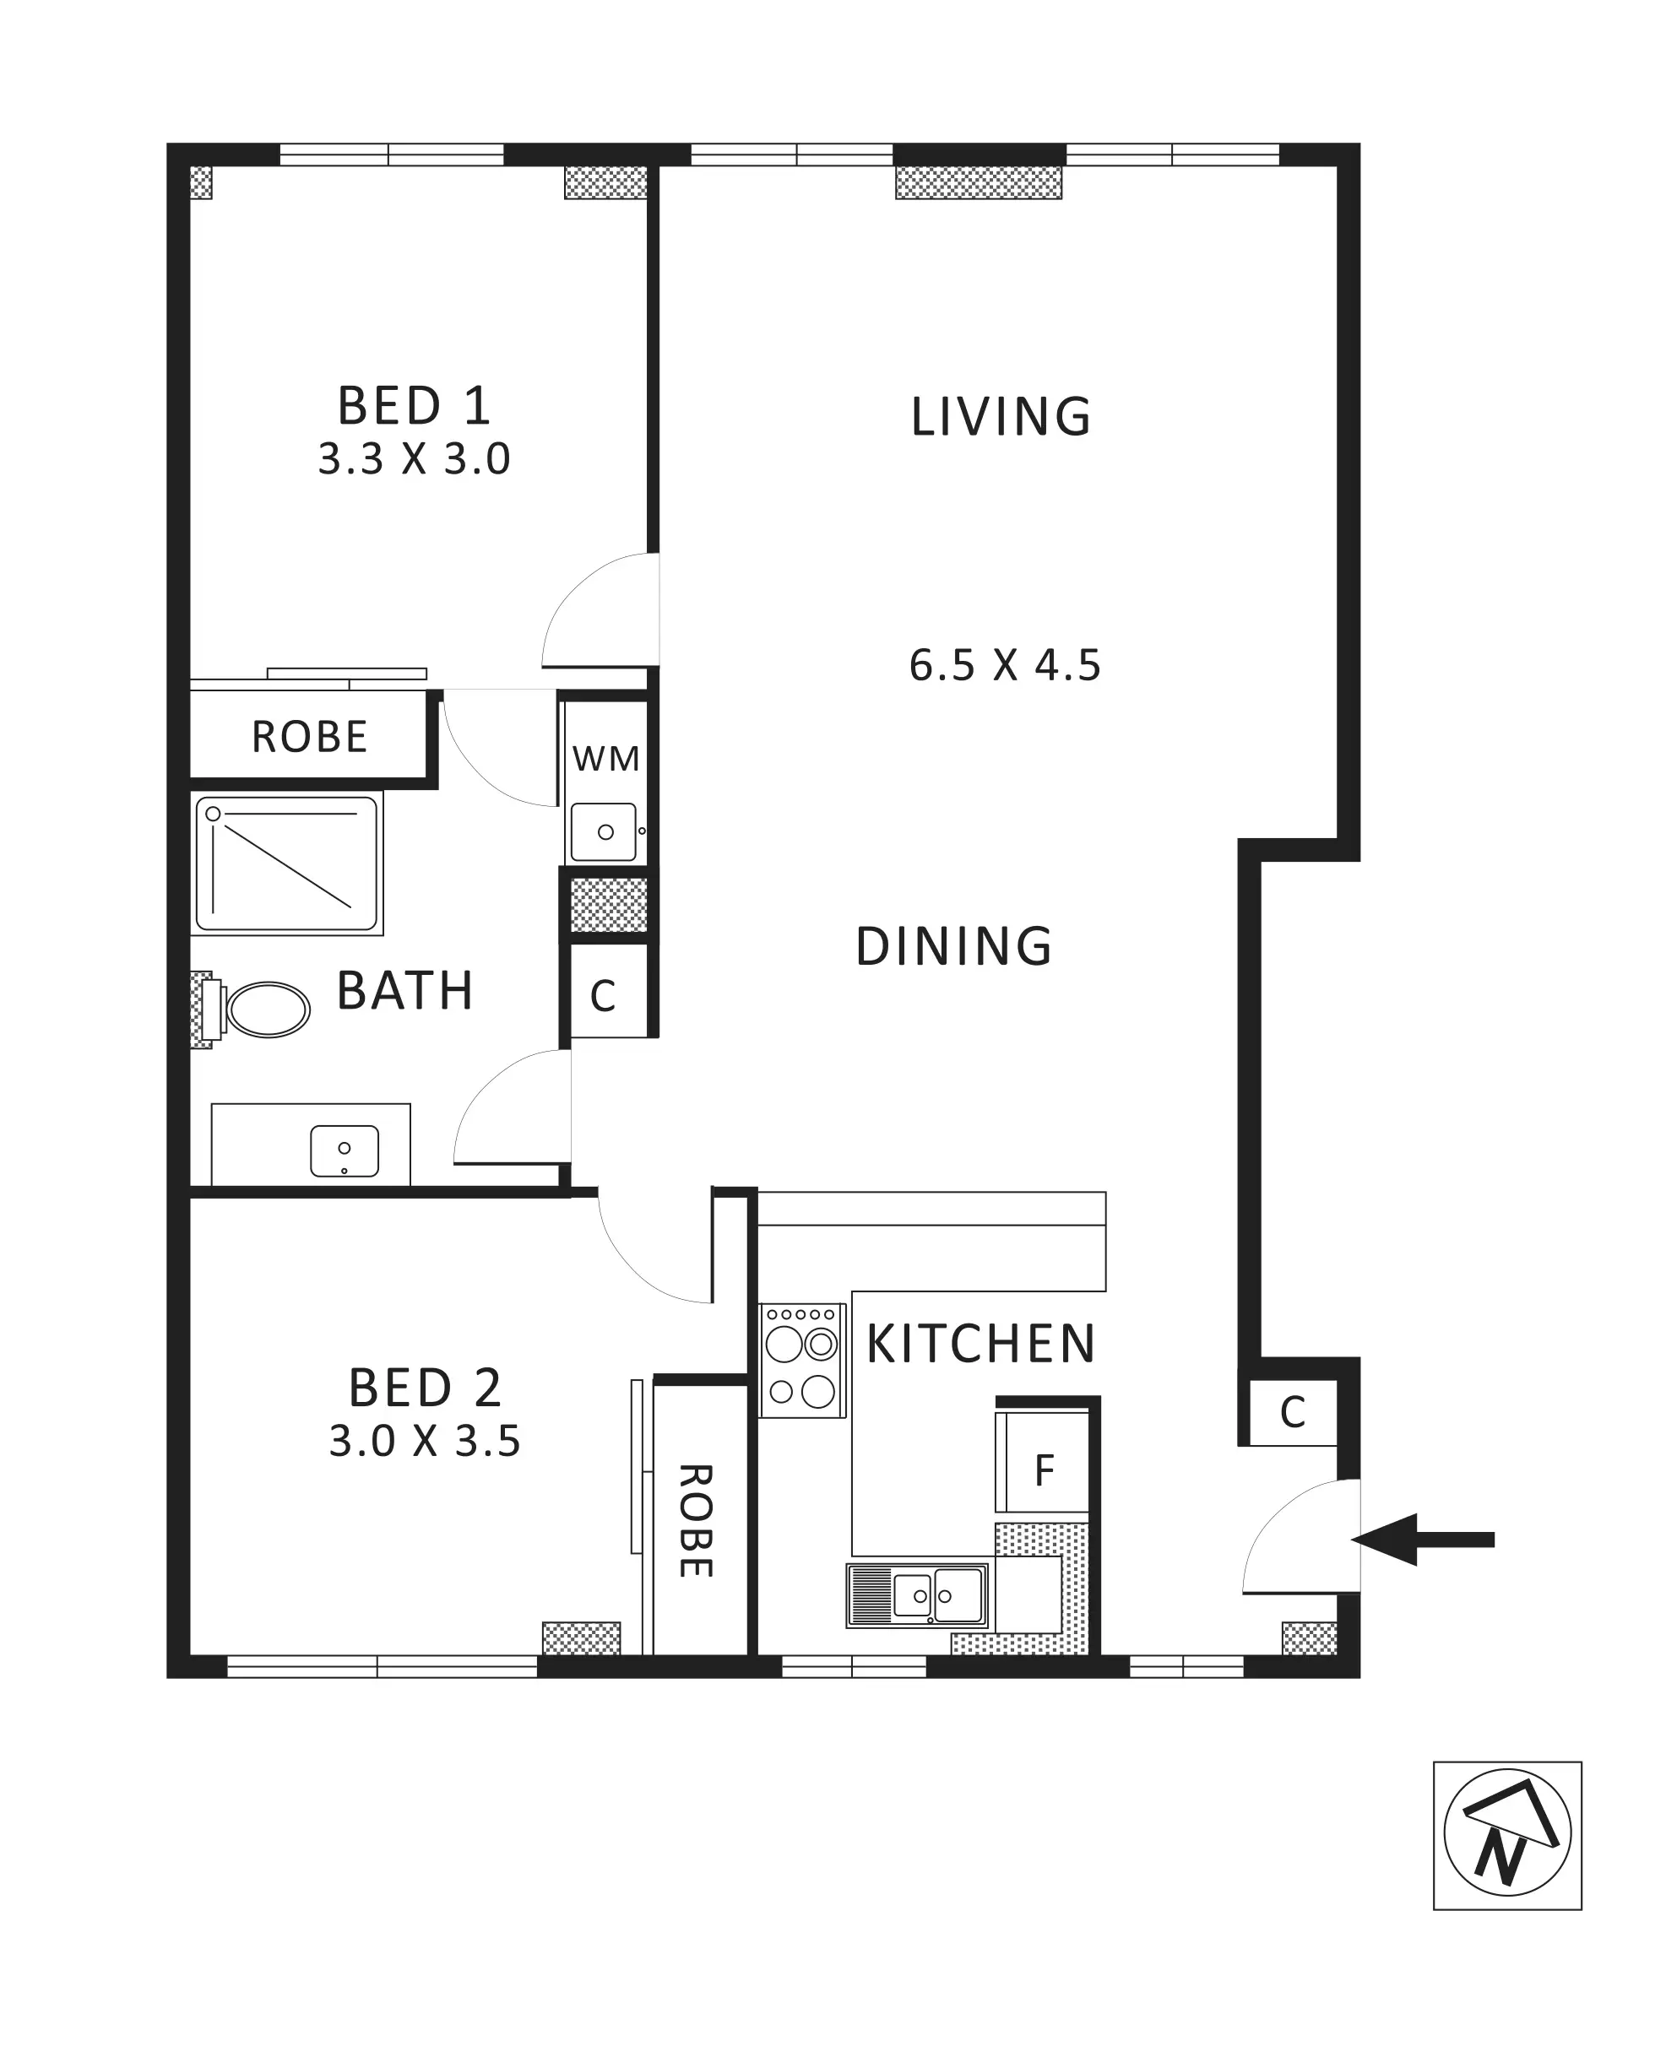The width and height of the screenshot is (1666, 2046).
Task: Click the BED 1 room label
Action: coord(415,406)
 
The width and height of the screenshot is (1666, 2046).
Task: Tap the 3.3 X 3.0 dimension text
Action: coord(415,459)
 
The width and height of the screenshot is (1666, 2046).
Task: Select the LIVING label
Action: coord(1001,417)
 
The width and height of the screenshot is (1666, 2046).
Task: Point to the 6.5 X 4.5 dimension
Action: coord(1005,666)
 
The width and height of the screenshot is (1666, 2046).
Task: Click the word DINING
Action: coord(954,947)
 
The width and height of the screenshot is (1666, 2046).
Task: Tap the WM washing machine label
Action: coord(605,759)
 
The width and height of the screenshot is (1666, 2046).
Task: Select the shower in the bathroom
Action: coord(287,863)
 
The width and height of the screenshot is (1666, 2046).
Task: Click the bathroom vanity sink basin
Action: coord(345,1151)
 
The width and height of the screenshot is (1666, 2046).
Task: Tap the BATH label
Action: coord(405,991)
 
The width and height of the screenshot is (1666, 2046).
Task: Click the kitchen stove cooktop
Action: coord(802,1360)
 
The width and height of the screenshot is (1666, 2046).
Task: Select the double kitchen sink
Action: coord(918,1596)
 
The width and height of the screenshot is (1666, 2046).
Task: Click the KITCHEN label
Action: coord(981,1344)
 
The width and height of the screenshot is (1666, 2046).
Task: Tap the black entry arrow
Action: coord(1423,1540)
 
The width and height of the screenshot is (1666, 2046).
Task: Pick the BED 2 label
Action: coord(425,1388)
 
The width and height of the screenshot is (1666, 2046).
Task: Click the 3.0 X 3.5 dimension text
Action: coord(425,1441)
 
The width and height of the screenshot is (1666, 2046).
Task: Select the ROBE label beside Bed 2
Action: coord(696,1521)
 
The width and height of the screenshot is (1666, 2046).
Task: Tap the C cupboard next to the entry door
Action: coord(1293,1412)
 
